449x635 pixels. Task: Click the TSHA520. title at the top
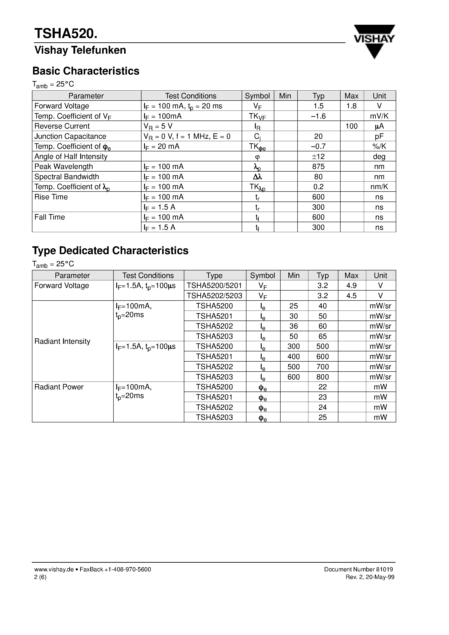point(66,34)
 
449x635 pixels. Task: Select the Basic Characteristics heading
point(86,71)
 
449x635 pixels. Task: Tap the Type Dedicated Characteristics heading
point(110,251)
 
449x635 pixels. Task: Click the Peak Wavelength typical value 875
point(318,167)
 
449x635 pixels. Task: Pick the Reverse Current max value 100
point(352,126)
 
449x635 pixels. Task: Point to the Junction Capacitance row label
point(70,136)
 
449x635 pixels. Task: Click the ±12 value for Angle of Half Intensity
point(318,157)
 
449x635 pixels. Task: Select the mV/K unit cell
point(379,116)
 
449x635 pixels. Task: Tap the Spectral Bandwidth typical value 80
point(318,177)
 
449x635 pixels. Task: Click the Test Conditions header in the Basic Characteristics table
point(191,96)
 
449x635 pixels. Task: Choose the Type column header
point(214,275)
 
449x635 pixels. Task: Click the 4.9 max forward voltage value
point(352,285)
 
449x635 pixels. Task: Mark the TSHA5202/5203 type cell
point(214,296)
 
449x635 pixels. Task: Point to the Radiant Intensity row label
point(62,341)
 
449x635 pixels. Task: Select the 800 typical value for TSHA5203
point(323,377)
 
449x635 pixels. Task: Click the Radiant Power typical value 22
point(323,387)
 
